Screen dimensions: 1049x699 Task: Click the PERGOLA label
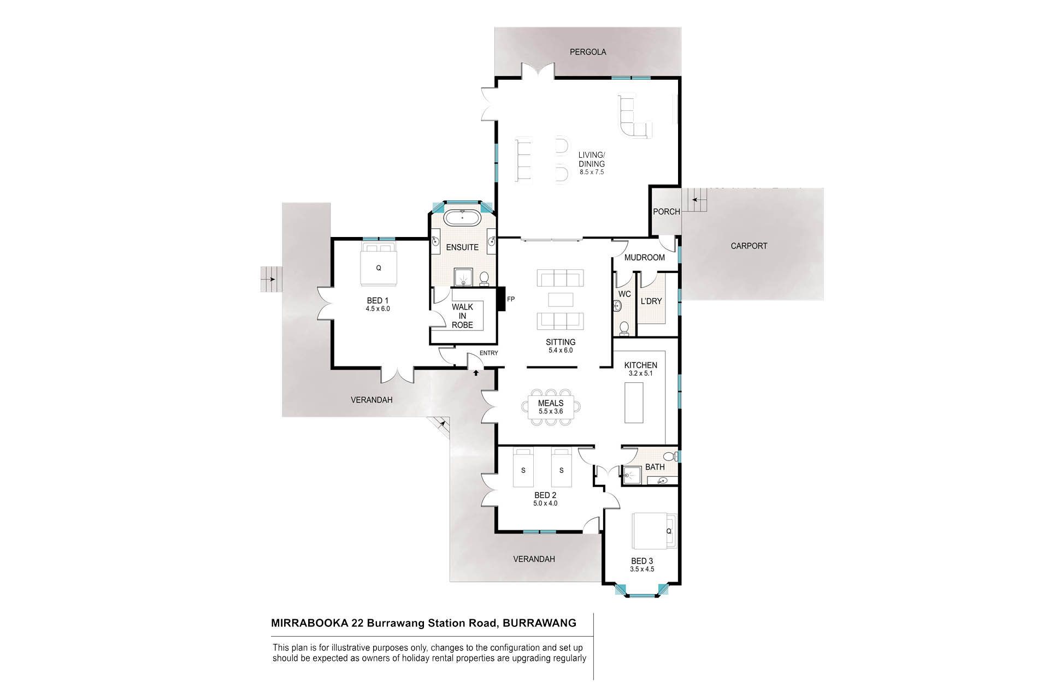588,52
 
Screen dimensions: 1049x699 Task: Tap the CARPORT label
749,246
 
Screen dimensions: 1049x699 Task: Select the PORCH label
667,211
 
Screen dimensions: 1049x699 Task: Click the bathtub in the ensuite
462,217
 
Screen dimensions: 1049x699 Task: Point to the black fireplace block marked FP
500,299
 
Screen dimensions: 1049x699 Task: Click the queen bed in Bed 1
378,264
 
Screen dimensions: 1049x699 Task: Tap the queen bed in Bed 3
653,531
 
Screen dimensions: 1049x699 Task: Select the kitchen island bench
634,402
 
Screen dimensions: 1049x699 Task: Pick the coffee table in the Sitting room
561,300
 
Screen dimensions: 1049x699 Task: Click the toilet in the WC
624,328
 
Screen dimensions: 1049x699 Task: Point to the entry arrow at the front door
476,372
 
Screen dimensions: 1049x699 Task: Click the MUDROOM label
645,257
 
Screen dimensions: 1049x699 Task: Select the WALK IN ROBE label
462,316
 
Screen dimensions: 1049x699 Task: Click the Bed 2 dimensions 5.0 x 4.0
546,503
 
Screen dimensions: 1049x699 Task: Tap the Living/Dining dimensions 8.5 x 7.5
592,172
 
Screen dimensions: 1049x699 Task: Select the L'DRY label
651,301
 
